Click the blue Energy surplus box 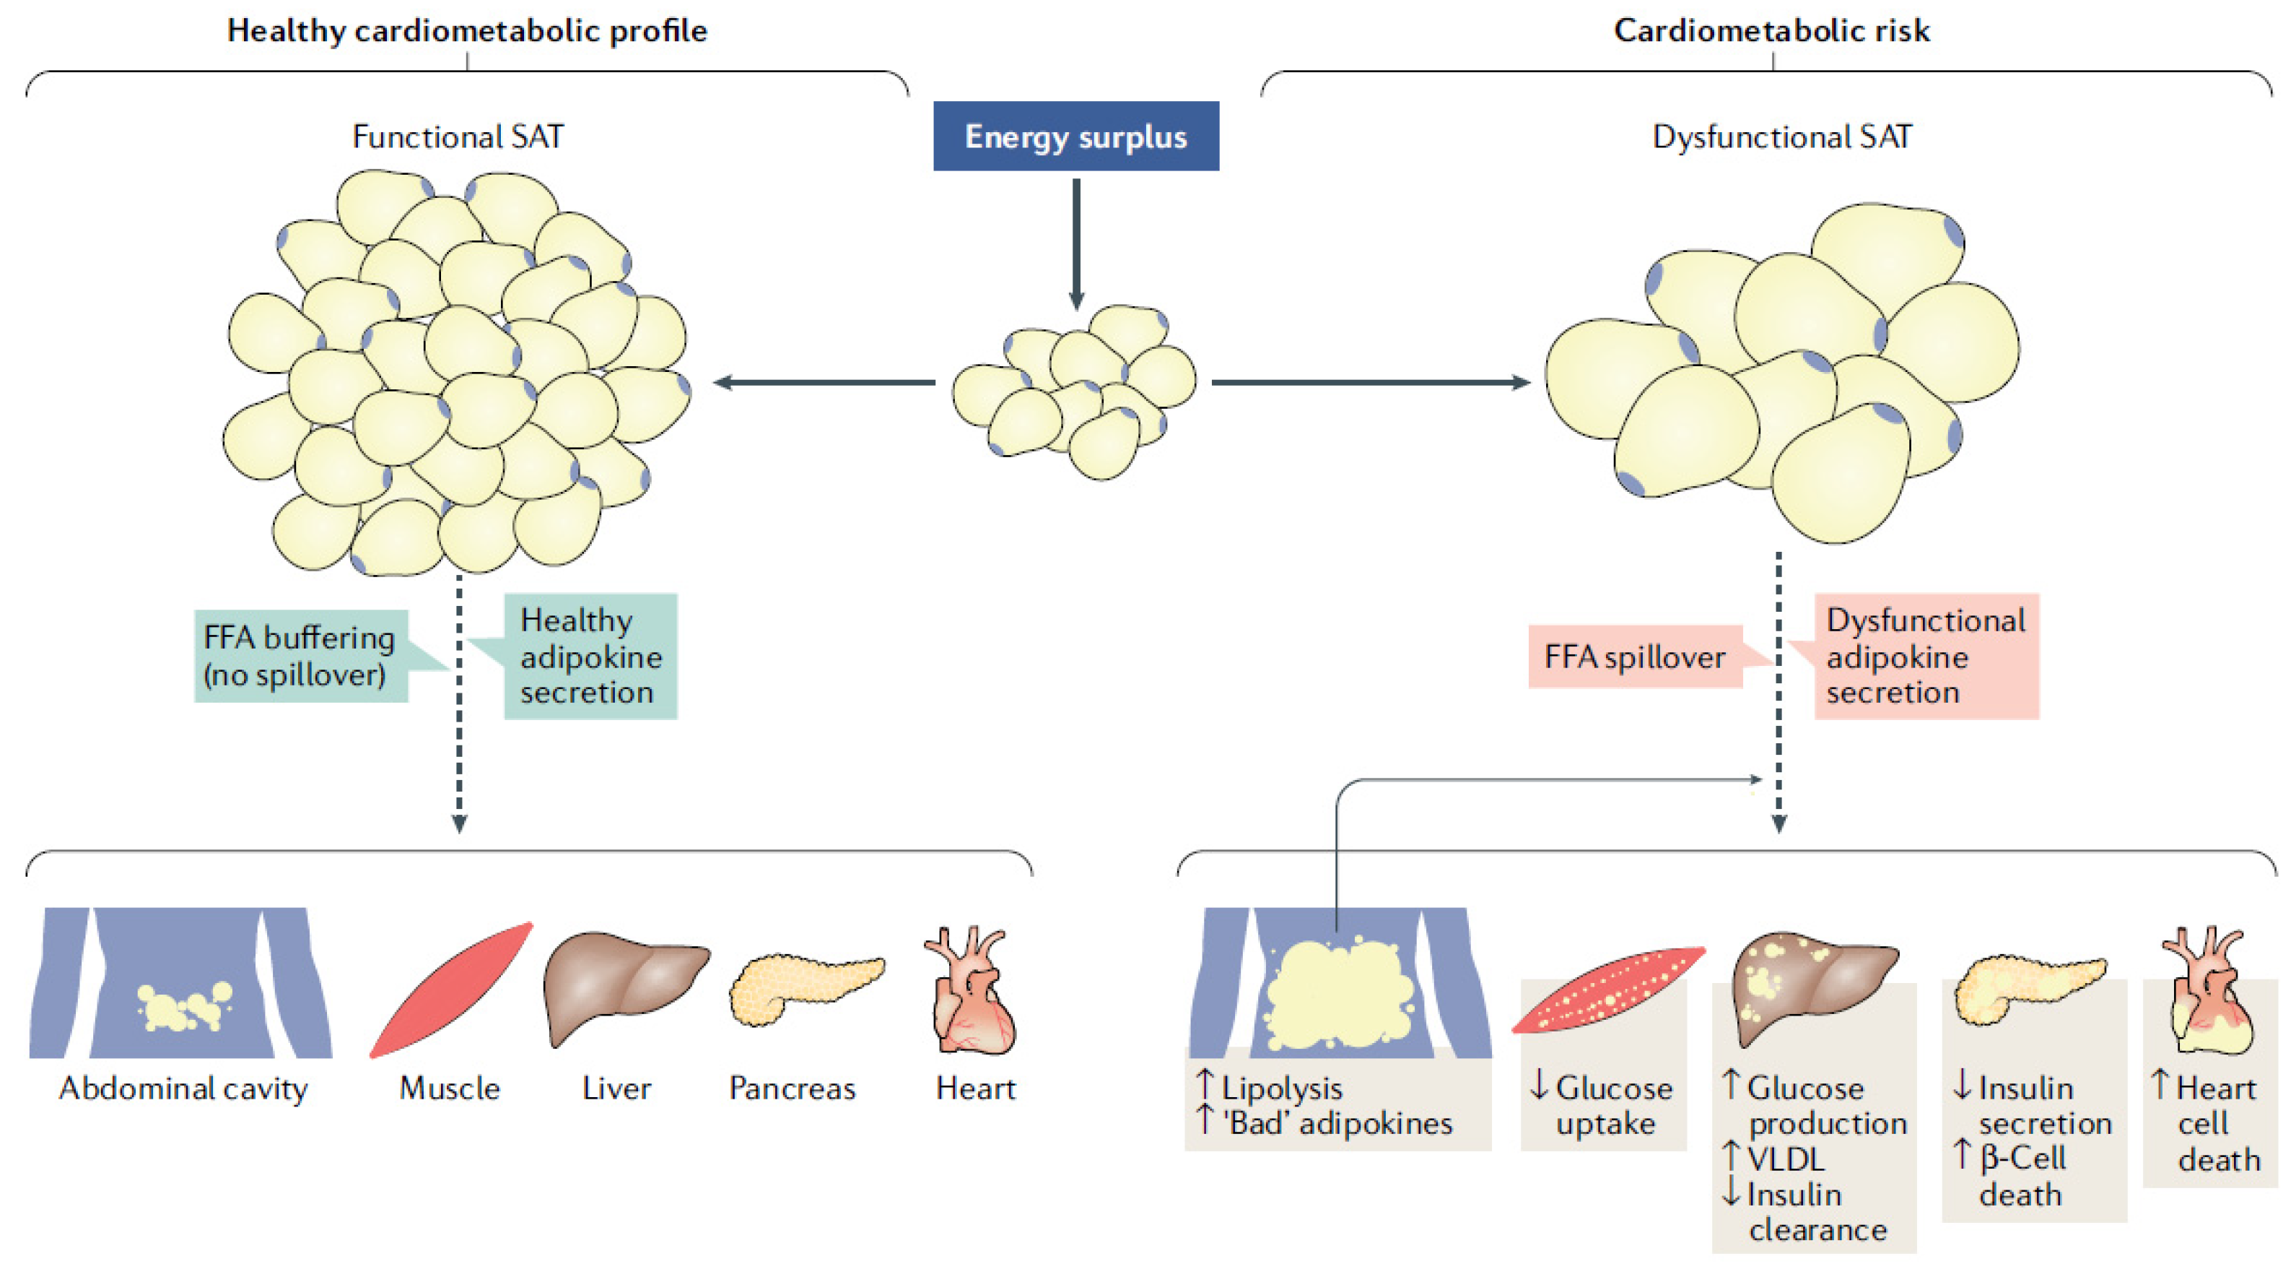[1075, 136]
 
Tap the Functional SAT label [458, 137]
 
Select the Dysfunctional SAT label [1781, 137]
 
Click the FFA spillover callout [1636, 657]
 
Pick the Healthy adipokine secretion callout [590, 657]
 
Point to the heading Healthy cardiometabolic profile [467, 30]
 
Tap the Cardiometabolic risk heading [1772, 30]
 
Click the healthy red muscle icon [451, 990]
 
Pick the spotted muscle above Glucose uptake [1609, 990]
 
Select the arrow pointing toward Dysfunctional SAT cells [1371, 383]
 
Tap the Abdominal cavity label [183, 1088]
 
